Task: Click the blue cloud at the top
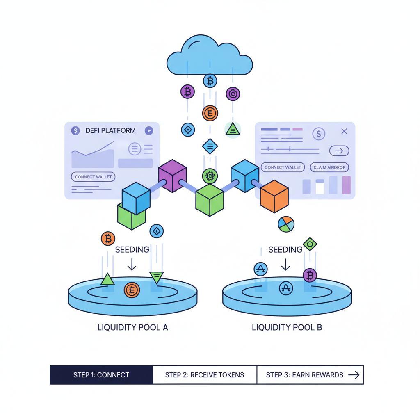pyautogui.click(x=210, y=57)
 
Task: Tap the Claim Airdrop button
pyautogui.click(x=329, y=167)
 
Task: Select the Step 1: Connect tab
pyautogui.click(x=101, y=375)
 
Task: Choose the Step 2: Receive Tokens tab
pyautogui.click(x=205, y=375)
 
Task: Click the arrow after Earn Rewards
pyautogui.click(x=354, y=375)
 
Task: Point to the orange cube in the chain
pyautogui.click(x=274, y=196)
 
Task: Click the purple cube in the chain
pyautogui.click(x=172, y=176)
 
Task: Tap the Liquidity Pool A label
pyautogui.click(x=132, y=328)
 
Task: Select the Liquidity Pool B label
pyautogui.click(x=287, y=328)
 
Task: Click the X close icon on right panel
pyautogui.click(x=344, y=131)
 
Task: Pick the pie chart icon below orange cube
pyautogui.click(x=286, y=224)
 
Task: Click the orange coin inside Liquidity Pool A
pyautogui.click(x=132, y=290)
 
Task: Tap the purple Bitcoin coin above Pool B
pyautogui.click(x=310, y=275)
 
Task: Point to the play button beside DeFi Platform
pyautogui.click(x=149, y=130)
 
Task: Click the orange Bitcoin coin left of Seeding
pyautogui.click(x=108, y=238)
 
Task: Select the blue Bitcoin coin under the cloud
pyautogui.click(x=210, y=81)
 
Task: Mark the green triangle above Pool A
pyautogui.click(x=107, y=280)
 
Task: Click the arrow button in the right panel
pyautogui.click(x=339, y=151)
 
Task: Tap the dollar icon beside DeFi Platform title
pyautogui.click(x=75, y=130)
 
